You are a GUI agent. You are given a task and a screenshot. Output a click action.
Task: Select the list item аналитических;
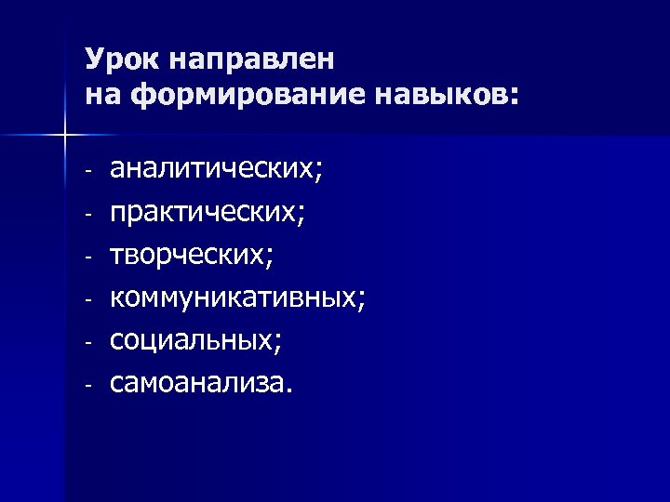(217, 170)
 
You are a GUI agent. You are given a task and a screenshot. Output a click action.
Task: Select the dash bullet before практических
(87, 215)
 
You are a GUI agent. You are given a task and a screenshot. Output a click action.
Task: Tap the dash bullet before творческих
(87, 258)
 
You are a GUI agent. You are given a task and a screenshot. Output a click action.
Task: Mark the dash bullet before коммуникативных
(87, 299)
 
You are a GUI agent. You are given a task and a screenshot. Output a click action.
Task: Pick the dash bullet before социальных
(87, 342)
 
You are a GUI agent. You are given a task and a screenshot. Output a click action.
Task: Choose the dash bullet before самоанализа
(87, 384)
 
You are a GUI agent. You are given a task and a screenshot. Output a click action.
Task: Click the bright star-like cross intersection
(64, 137)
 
